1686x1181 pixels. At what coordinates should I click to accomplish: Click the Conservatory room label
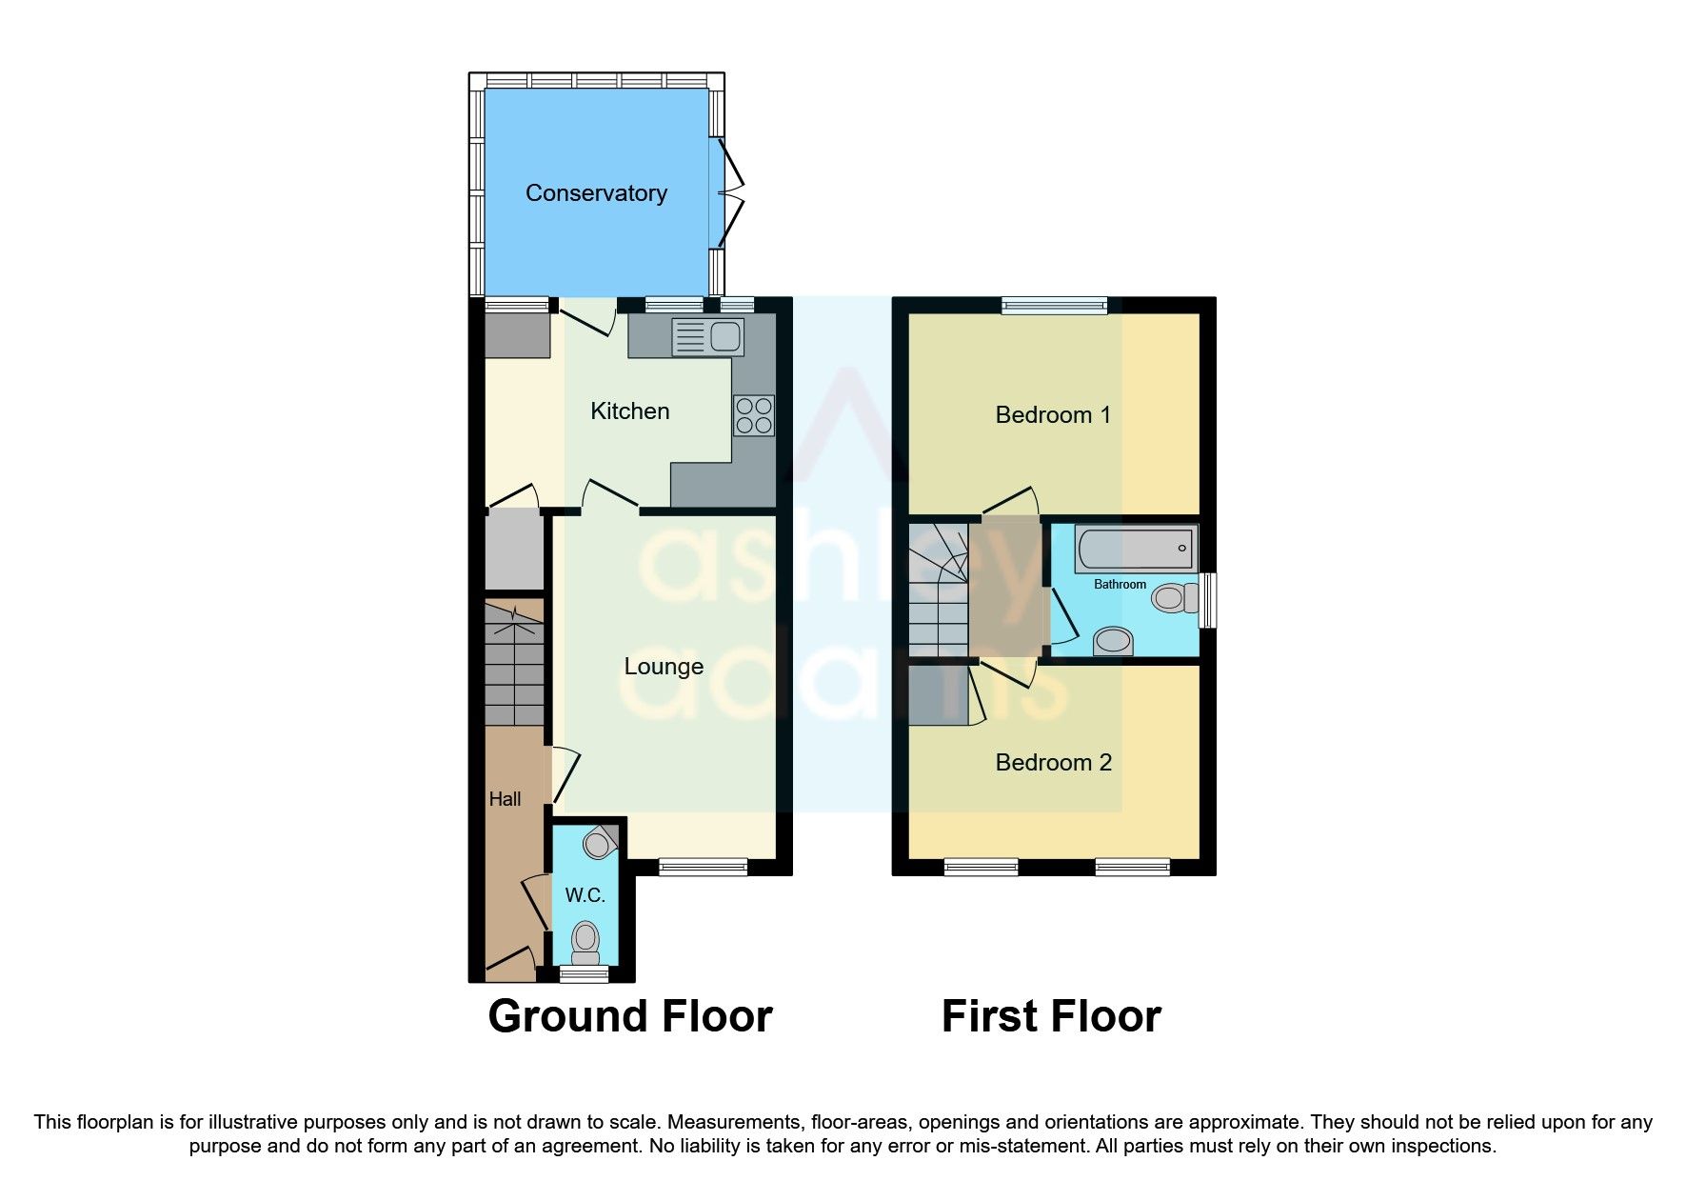click(x=596, y=193)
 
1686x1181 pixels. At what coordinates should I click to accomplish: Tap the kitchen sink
click(x=708, y=337)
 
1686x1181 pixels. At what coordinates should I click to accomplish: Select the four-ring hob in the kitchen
click(x=754, y=416)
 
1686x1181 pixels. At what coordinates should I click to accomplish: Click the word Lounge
click(x=664, y=667)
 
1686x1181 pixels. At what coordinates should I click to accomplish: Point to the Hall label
click(x=505, y=799)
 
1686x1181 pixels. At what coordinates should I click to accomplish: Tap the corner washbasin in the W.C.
click(x=600, y=843)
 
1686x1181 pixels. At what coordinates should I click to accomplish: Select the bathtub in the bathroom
click(x=1136, y=550)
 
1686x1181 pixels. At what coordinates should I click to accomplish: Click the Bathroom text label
click(x=1120, y=584)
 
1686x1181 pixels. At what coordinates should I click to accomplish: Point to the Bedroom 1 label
click(x=1053, y=415)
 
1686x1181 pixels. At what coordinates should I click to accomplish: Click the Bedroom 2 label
click(x=1053, y=763)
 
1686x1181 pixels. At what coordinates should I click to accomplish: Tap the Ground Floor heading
click(x=629, y=1016)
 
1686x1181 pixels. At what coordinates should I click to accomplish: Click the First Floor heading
click(x=1051, y=1016)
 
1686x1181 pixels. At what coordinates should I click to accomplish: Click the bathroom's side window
click(x=1206, y=599)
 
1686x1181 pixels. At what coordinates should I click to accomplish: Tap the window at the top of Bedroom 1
click(x=1055, y=306)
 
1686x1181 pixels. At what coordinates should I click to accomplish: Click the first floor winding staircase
click(x=938, y=590)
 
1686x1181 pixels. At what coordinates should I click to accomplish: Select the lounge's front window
click(x=704, y=867)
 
